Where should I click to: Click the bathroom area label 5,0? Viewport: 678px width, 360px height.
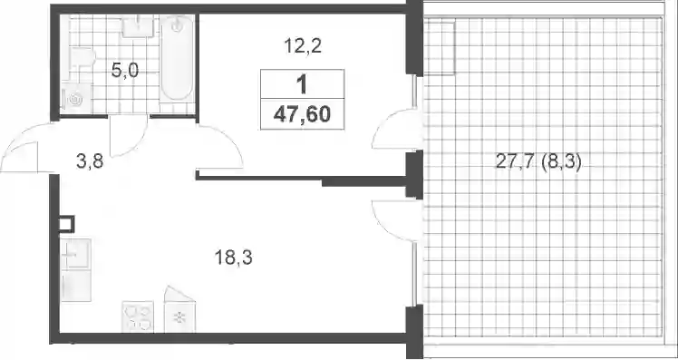click(x=125, y=70)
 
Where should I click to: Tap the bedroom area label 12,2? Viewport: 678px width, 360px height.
click(x=303, y=45)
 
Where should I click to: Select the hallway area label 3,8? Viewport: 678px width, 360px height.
click(x=91, y=163)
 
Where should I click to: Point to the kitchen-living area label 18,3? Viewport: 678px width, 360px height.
click(x=233, y=258)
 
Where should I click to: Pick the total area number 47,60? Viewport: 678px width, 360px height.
click(x=302, y=114)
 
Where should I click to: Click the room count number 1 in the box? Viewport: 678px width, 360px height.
click(x=302, y=85)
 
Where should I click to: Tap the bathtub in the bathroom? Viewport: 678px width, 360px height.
click(x=177, y=58)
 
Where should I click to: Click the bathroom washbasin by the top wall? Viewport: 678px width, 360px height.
click(x=138, y=26)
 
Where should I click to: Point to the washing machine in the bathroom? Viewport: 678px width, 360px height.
click(x=75, y=98)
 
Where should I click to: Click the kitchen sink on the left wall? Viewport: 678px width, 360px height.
click(x=76, y=254)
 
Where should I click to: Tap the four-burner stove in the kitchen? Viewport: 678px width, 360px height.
click(x=138, y=316)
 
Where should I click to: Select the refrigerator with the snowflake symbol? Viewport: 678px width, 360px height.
click(x=179, y=310)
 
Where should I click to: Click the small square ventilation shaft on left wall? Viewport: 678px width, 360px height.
click(x=67, y=224)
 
